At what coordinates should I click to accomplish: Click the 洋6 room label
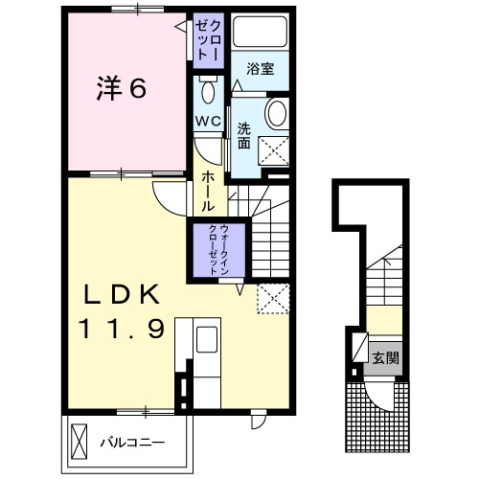(122, 88)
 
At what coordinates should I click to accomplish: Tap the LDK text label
(122, 294)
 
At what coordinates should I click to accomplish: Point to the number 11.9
(122, 329)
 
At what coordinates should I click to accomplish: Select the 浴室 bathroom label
(261, 68)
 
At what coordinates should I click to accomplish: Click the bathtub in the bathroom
(260, 32)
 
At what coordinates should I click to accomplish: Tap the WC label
(208, 121)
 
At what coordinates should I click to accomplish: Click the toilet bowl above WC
(208, 92)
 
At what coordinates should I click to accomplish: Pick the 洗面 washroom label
(243, 136)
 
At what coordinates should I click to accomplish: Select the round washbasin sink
(277, 113)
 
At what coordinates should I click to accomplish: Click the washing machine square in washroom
(273, 151)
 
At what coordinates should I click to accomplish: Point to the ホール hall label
(208, 191)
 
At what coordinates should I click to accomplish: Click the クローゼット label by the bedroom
(208, 40)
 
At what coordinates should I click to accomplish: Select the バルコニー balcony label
(132, 443)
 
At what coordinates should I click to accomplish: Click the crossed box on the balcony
(80, 442)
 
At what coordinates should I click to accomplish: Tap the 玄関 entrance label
(386, 358)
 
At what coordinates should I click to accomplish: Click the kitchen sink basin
(207, 339)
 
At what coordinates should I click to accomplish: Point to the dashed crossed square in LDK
(273, 299)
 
